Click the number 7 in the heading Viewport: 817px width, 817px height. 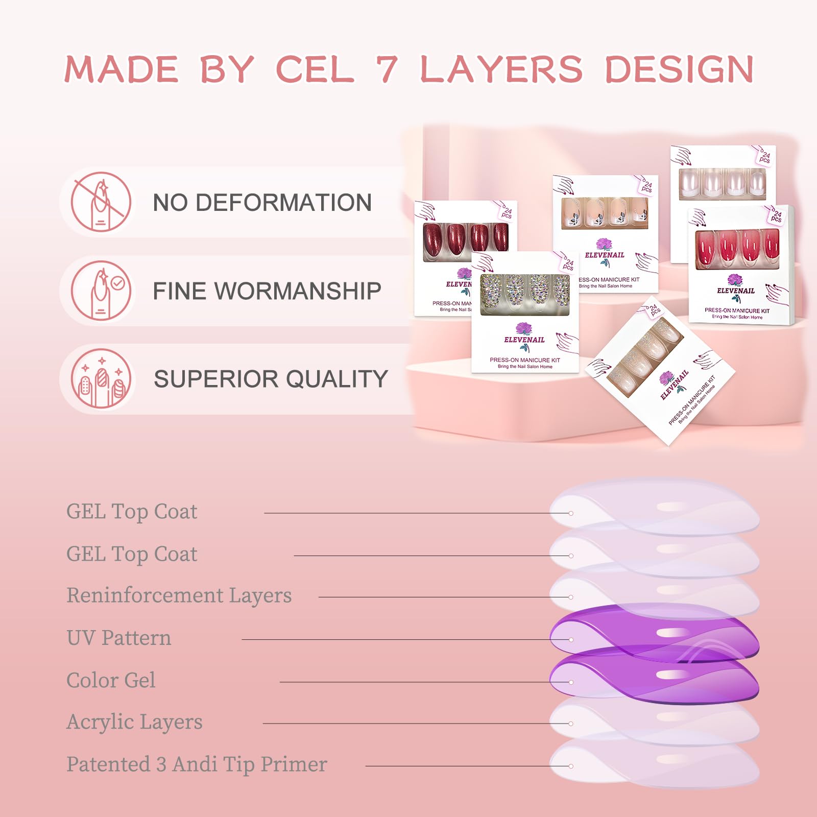(387, 69)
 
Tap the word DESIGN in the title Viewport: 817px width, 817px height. (679, 69)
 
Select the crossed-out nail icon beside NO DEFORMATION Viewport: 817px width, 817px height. (101, 202)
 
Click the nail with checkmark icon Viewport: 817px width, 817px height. (101, 291)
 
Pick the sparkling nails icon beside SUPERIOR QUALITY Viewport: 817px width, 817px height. (101, 379)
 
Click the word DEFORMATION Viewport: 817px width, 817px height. (283, 203)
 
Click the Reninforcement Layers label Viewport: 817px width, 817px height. (179, 595)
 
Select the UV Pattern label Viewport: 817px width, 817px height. (118, 638)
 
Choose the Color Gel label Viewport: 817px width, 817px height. (111, 680)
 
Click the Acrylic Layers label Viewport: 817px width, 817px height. (134, 722)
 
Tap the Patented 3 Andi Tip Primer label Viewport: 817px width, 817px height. (197, 764)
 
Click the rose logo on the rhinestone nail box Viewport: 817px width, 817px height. (523, 329)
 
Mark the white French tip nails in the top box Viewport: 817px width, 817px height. (722, 183)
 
